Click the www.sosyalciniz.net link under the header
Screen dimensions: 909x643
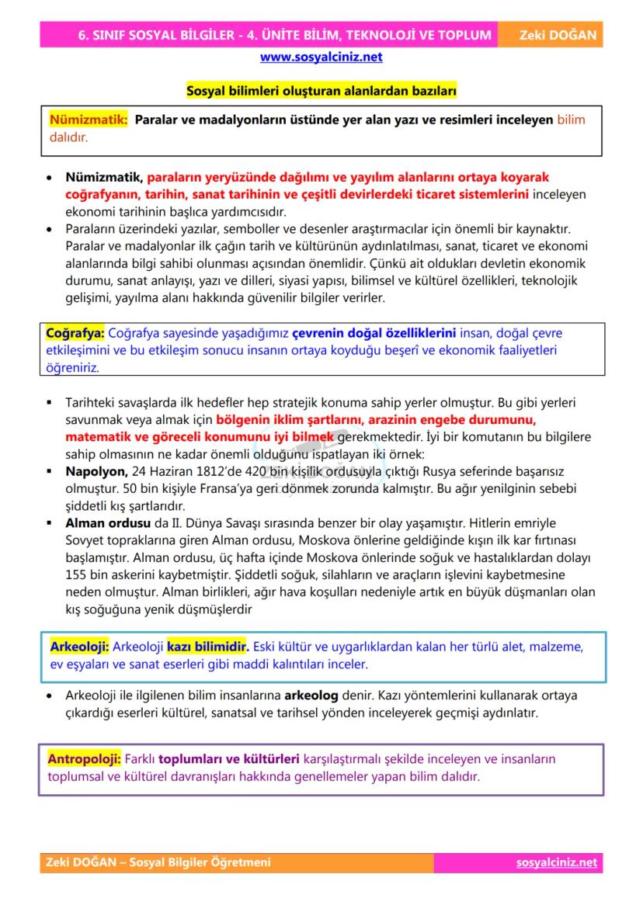pyautogui.click(x=321, y=57)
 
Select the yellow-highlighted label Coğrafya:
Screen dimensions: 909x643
pyautogui.click(x=76, y=333)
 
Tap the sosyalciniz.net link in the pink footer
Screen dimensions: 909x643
pyautogui.click(x=556, y=862)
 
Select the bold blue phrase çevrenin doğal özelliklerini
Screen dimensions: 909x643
pyautogui.click(x=374, y=333)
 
